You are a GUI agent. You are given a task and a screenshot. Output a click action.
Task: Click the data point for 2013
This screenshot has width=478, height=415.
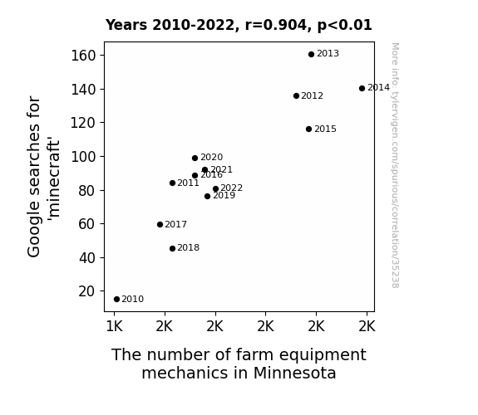coord(311,55)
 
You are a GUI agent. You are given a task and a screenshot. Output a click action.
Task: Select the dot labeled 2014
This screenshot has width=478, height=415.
coord(362,88)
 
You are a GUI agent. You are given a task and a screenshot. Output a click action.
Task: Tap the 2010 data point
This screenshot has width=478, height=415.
coord(116,300)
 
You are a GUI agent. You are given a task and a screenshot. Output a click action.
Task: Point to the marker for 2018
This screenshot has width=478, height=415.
coord(172,248)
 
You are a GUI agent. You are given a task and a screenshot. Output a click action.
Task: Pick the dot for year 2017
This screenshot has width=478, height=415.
coord(160,224)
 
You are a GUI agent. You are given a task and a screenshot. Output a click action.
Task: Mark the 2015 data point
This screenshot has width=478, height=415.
coord(308,129)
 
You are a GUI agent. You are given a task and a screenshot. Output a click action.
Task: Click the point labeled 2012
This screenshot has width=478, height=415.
coord(296,96)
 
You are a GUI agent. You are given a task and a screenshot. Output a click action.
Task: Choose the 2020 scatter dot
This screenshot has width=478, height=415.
coord(195,158)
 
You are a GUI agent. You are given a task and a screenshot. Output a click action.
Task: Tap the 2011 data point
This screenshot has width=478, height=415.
coord(172,183)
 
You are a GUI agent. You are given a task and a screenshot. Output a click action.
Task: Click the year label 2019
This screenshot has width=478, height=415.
coord(224,196)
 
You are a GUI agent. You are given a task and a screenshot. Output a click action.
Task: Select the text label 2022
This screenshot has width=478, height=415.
coord(232,188)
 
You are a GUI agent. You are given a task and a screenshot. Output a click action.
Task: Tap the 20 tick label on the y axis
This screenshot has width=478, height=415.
coord(87,291)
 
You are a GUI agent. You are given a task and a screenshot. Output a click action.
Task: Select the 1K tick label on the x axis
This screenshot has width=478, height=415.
coord(115,327)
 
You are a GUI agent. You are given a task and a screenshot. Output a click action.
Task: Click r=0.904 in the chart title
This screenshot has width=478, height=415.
coord(276,25)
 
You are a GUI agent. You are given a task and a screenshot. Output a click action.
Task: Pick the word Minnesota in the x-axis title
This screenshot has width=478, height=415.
coord(294,373)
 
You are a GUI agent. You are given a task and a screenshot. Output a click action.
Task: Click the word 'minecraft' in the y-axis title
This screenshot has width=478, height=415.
coord(54,179)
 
